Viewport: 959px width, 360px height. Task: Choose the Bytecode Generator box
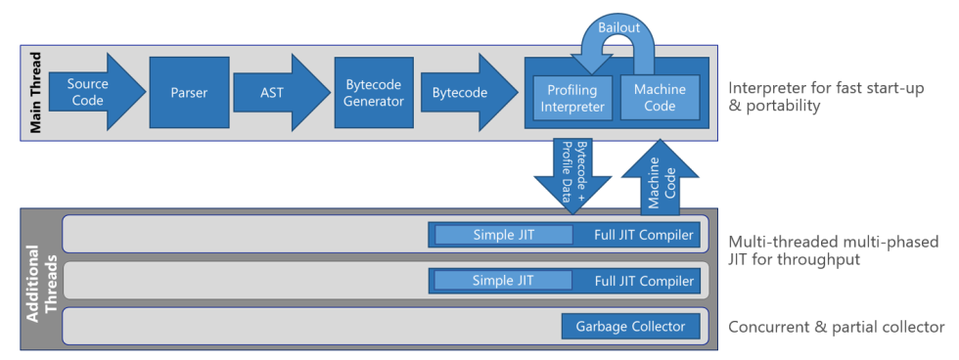pyautogui.click(x=373, y=93)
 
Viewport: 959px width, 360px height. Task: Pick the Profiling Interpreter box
pyautogui.click(x=571, y=99)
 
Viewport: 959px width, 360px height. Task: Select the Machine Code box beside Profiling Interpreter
pyautogui.click(x=660, y=98)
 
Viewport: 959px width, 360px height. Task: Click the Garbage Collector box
pyautogui.click(x=630, y=326)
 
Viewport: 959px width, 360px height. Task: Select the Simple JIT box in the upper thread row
pyautogui.click(x=503, y=235)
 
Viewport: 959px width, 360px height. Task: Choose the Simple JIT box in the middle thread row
pyautogui.click(x=503, y=281)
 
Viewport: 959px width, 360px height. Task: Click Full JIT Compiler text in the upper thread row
pyautogui.click(x=644, y=235)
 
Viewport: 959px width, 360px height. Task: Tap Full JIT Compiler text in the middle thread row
pyautogui.click(x=644, y=281)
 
